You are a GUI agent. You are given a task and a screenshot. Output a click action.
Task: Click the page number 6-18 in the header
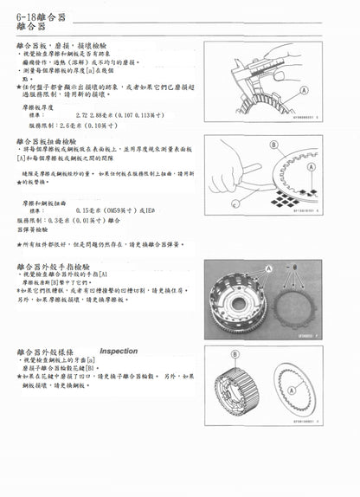(28, 15)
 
